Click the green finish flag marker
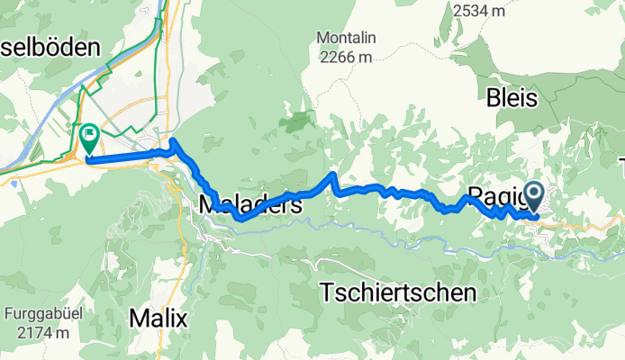point(89,138)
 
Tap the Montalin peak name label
point(345,38)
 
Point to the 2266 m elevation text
point(345,57)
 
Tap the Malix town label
point(158,318)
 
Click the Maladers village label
point(249,205)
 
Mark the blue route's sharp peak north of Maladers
point(333,174)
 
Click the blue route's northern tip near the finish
point(172,142)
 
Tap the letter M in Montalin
point(322,38)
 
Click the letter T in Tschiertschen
point(328,292)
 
